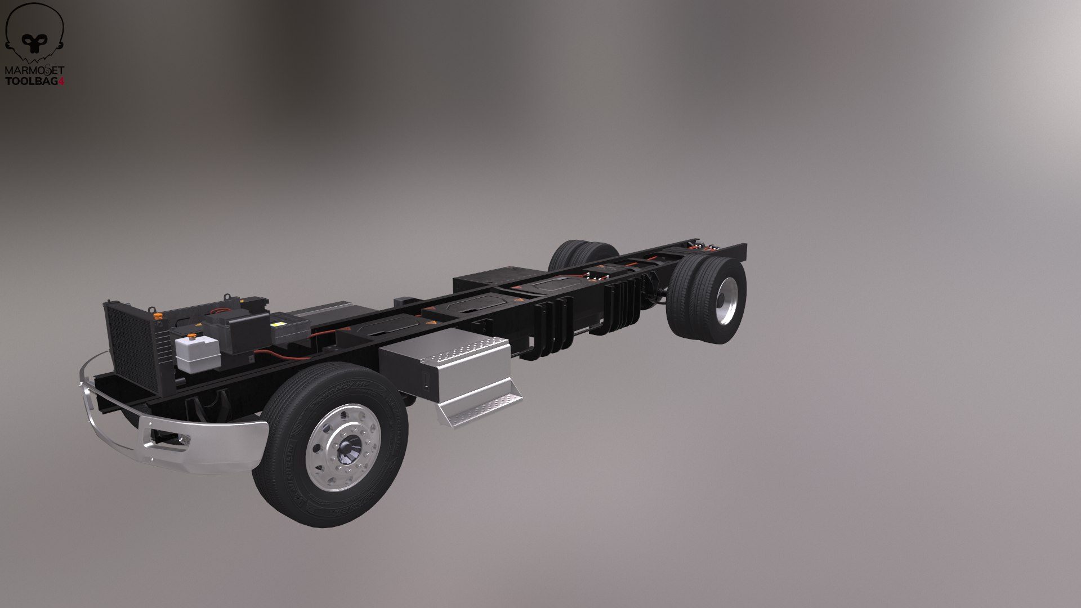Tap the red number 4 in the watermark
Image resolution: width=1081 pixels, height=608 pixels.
62,81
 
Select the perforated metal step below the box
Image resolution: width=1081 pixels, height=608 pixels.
479,408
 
